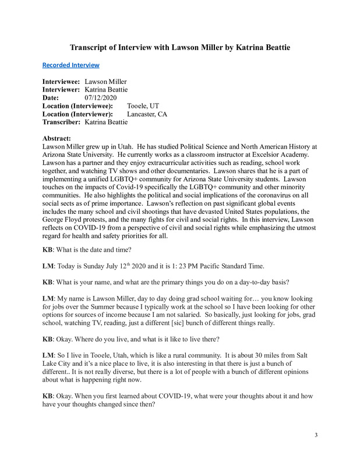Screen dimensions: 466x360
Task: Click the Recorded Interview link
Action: (70, 65)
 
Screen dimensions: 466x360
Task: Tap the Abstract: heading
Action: (59, 138)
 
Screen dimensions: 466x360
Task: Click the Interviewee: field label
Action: (61, 82)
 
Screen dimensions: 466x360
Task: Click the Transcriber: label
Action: (62, 122)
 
